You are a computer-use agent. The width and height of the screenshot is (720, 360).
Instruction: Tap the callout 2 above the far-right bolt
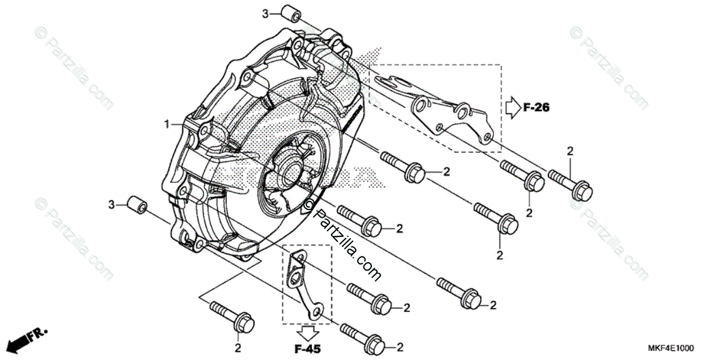pos(571,150)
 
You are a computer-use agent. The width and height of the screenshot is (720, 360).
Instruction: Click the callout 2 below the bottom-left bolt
pos(238,347)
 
